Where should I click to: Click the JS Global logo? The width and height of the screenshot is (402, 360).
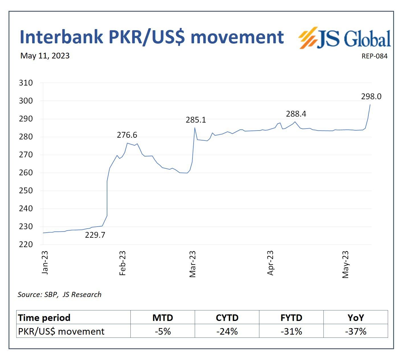tap(345, 38)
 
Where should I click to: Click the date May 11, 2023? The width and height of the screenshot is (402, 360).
tap(45, 56)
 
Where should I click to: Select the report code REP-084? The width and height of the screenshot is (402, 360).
tap(374, 56)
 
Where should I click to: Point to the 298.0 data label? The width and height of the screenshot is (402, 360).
tap(371, 97)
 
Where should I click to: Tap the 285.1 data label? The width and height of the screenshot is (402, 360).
tap(196, 120)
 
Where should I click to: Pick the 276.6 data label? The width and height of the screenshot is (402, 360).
tap(127, 135)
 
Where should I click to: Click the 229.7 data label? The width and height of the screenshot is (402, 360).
tap(95, 235)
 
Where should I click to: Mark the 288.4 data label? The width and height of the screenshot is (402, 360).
tap(296, 114)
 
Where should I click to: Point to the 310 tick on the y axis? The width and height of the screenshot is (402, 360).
tap(26, 83)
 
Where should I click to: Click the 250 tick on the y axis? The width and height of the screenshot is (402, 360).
tap(26, 191)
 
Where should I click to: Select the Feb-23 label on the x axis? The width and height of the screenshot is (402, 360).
tap(122, 263)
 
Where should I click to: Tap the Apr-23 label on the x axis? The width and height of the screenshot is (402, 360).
tap(270, 263)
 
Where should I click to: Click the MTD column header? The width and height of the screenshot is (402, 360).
tap(163, 318)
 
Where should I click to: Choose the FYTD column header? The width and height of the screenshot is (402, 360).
tap(291, 318)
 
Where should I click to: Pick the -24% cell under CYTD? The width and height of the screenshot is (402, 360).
tap(227, 331)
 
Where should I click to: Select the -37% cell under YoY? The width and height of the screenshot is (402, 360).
tap(356, 331)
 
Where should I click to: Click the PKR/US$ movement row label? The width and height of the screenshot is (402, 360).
tap(61, 331)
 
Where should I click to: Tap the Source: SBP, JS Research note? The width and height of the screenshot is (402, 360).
tap(60, 294)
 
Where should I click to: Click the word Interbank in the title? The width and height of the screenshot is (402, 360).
tap(61, 37)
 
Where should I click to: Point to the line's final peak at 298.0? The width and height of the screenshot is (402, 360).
tap(370, 105)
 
